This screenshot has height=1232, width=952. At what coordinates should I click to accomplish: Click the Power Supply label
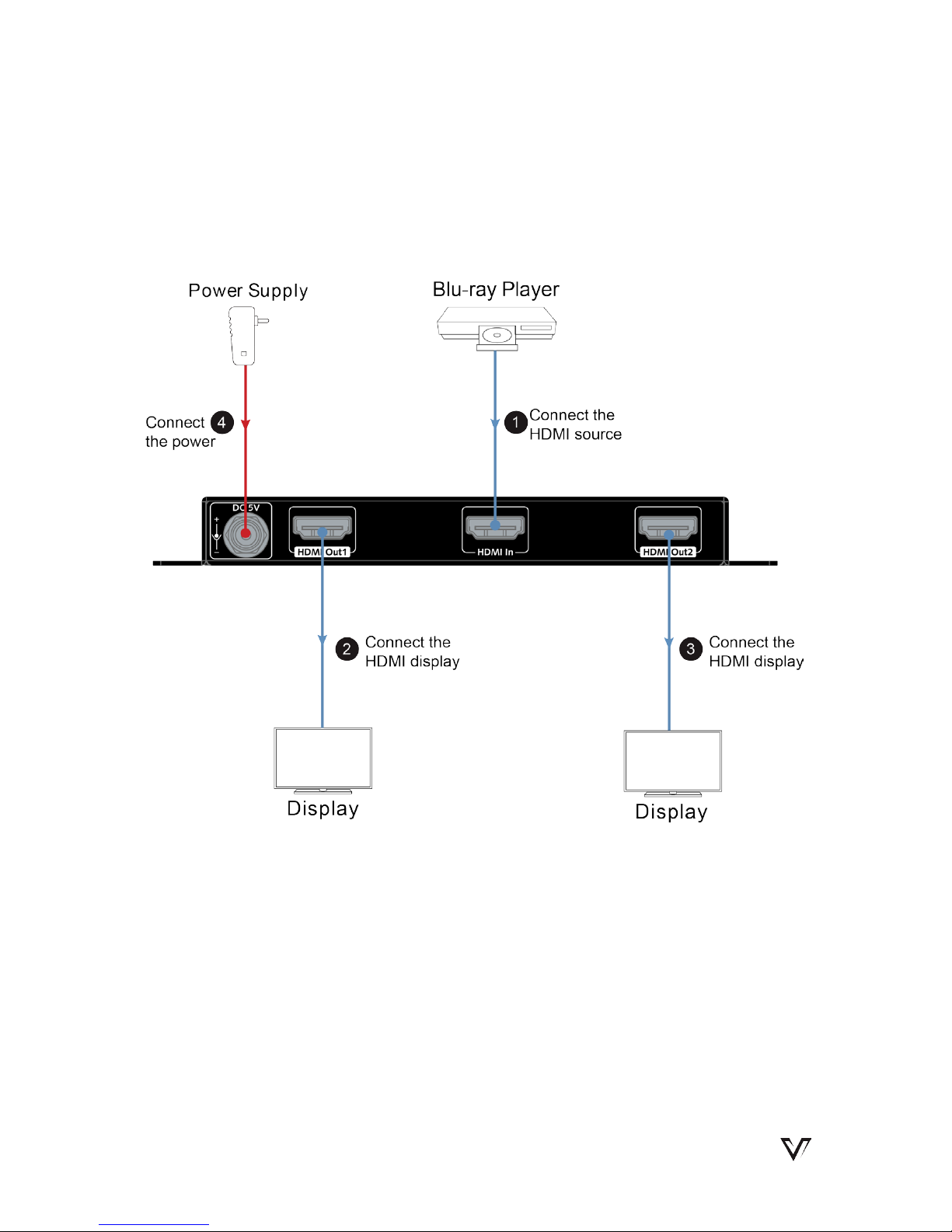[248, 291]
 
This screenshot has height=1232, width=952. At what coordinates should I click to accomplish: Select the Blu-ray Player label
[496, 290]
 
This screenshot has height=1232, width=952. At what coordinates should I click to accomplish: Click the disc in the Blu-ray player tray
[497, 335]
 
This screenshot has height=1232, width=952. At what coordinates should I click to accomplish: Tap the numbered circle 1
[516, 422]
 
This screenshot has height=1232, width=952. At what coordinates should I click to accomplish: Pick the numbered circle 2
[347, 649]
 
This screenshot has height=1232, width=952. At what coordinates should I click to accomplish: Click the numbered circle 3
[691, 649]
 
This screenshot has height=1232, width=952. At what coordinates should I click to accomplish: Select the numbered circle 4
[222, 422]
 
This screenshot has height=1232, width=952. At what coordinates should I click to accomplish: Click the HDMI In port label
[495, 552]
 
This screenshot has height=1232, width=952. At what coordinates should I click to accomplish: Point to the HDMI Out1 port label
[322, 552]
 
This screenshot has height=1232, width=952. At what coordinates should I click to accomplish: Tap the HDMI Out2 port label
[668, 552]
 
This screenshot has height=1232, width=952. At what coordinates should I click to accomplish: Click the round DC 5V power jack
[246, 534]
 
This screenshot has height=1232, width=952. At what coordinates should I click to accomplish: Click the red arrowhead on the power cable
[246, 424]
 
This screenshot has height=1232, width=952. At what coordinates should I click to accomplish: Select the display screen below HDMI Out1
[323, 758]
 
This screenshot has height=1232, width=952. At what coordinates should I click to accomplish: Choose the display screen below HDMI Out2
[673, 761]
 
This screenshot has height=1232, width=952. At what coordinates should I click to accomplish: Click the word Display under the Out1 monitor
[323, 808]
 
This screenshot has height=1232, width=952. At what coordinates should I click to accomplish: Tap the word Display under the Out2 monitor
[671, 812]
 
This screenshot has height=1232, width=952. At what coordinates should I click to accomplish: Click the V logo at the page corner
[796, 1149]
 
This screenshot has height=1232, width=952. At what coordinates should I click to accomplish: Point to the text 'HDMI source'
[575, 435]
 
